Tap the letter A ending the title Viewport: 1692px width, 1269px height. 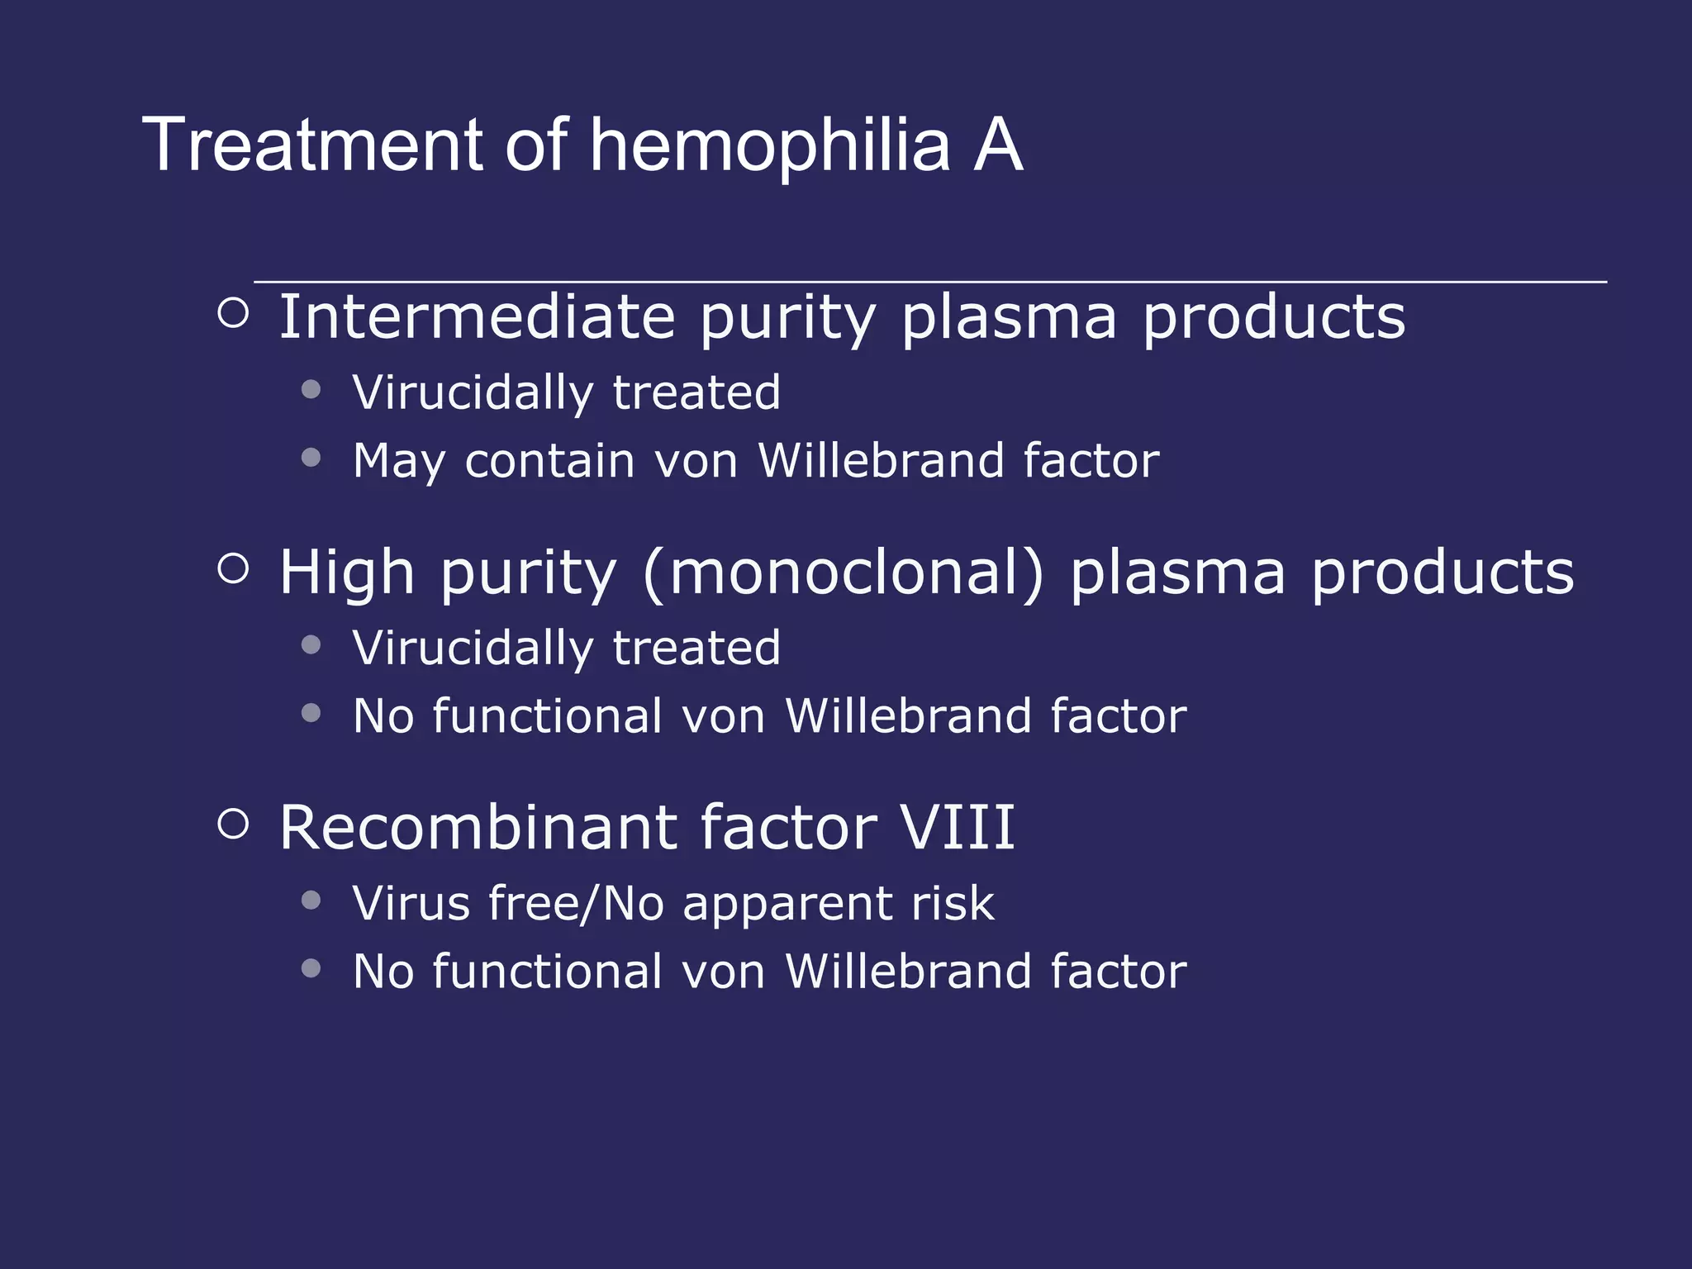click(998, 145)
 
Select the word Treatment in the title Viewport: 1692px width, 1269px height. click(311, 145)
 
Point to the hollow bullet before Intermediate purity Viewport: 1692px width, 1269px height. click(234, 313)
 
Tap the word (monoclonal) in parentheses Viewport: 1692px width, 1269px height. click(844, 573)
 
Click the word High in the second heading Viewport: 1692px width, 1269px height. click(346, 573)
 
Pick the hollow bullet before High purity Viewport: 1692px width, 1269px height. click(234, 568)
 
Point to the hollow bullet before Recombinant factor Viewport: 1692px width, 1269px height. click(234, 824)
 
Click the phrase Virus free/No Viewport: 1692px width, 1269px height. click(508, 903)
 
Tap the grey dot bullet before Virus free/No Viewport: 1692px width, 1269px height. click(311, 900)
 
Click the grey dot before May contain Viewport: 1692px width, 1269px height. click(311, 458)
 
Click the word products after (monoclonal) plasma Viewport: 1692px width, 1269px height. click(1442, 573)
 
